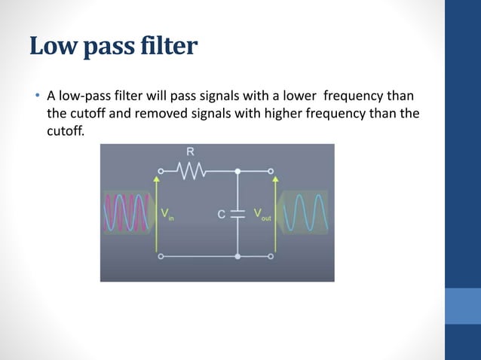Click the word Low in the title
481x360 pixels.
click(51, 47)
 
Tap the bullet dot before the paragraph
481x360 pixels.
click(35, 97)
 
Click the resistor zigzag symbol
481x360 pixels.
click(191, 172)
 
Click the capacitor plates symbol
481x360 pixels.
click(237, 214)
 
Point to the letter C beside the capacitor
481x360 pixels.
click(222, 214)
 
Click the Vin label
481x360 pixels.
click(167, 215)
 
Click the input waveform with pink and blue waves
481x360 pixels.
click(129, 213)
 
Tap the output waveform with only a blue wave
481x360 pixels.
click(306, 213)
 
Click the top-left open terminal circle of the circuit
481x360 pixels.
click(160, 172)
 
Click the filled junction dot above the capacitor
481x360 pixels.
click(237, 172)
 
